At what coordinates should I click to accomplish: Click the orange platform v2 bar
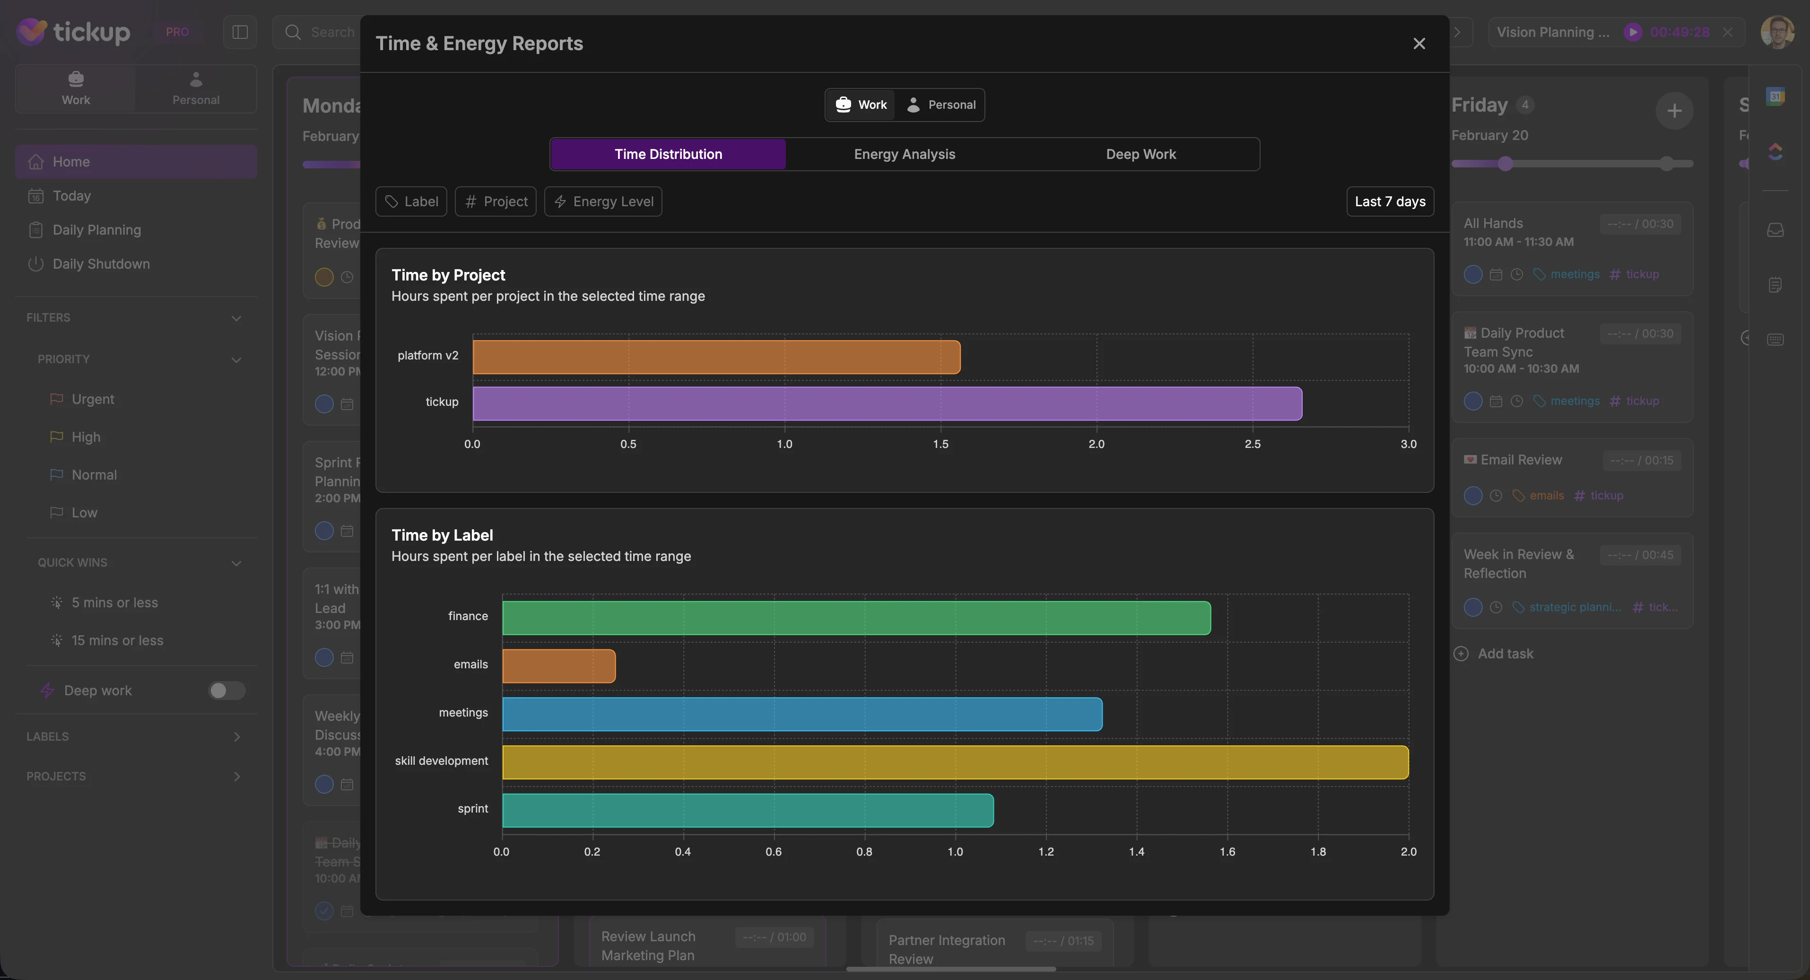(x=716, y=357)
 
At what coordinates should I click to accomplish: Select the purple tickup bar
(x=887, y=403)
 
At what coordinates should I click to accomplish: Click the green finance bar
(x=856, y=618)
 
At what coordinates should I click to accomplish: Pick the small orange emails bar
(x=558, y=666)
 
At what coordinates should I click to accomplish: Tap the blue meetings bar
(x=802, y=714)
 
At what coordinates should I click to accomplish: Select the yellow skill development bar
(x=955, y=762)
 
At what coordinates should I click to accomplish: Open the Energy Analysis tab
(x=905, y=154)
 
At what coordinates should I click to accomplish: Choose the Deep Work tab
(x=1140, y=154)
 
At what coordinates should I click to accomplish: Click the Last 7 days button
(x=1389, y=202)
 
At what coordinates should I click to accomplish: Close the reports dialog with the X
(x=1418, y=44)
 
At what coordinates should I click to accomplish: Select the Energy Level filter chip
(x=603, y=202)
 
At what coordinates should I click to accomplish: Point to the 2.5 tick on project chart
(x=1252, y=444)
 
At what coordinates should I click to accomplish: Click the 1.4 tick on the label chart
(x=1136, y=851)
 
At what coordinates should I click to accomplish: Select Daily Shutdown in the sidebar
(x=101, y=263)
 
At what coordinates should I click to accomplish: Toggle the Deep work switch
(x=226, y=691)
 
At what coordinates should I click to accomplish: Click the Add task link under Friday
(x=1505, y=654)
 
